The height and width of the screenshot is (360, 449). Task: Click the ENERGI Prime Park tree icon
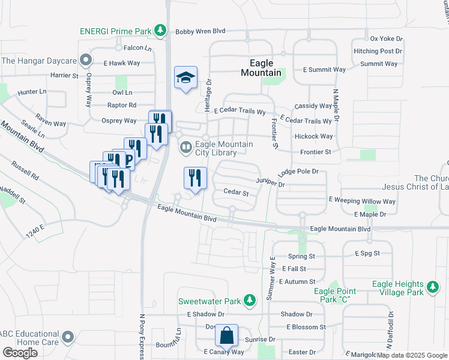pyautogui.click(x=160, y=30)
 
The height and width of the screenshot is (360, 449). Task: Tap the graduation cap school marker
pyautogui.click(x=185, y=77)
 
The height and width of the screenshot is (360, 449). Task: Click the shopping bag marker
pyautogui.click(x=227, y=336)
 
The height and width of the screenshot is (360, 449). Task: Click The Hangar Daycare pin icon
pyautogui.click(x=86, y=60)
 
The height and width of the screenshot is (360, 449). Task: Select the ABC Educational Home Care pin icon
pyautogui.click(x=68, y=336)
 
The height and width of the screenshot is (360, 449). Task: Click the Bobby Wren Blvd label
pyautogui.click(x=200, y=32)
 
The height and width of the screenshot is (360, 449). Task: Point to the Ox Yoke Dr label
pyautogui.click(x=386, y=38)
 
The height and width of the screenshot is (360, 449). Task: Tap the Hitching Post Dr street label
pyautogui.click(x=378, y=52)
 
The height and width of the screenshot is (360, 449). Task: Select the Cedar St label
pyautogui.click(x=236, y=193)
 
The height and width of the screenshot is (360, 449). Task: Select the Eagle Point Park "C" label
pyautogui.click(x=331, y=295)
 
